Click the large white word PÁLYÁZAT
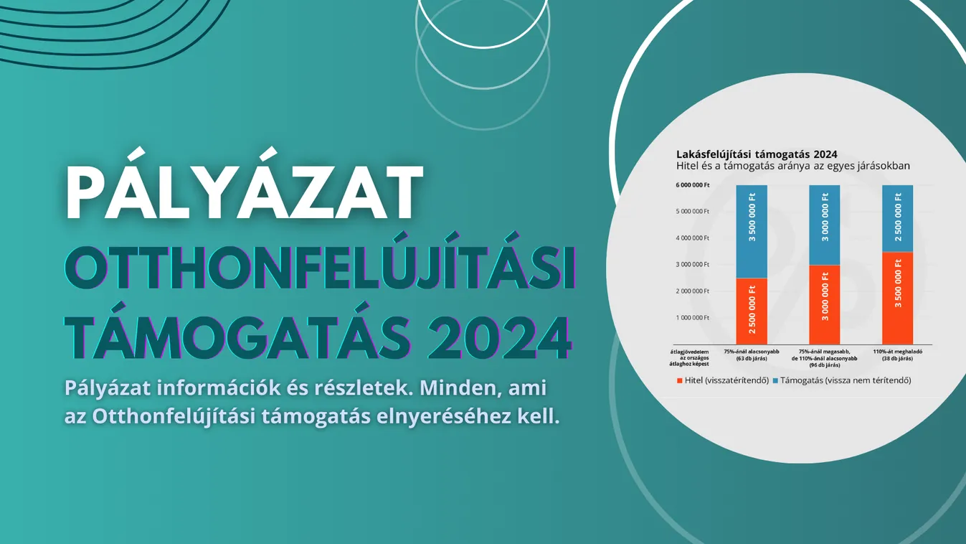[x=244, y=194]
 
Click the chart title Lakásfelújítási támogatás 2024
[x=757, y=154]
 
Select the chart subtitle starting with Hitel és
[x=792, y=166]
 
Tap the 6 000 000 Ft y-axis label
[x=692, y=185]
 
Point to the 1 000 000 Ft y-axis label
[x=692, y=317]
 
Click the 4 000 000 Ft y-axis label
[x=692, y=238]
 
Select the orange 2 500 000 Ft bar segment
[x=752, y=311]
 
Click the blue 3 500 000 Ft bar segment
[x=752, y=231]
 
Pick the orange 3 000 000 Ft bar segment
[x=825, y=305]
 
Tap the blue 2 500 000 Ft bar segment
[x=897, y=218]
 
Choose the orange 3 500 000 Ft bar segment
[x=897, y=298]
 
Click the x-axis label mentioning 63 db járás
[x=751, y=355]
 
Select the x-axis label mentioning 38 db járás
[x=897, y=355]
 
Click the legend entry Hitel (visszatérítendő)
[x=723, y=380]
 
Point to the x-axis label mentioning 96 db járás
[x=824, y=358]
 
